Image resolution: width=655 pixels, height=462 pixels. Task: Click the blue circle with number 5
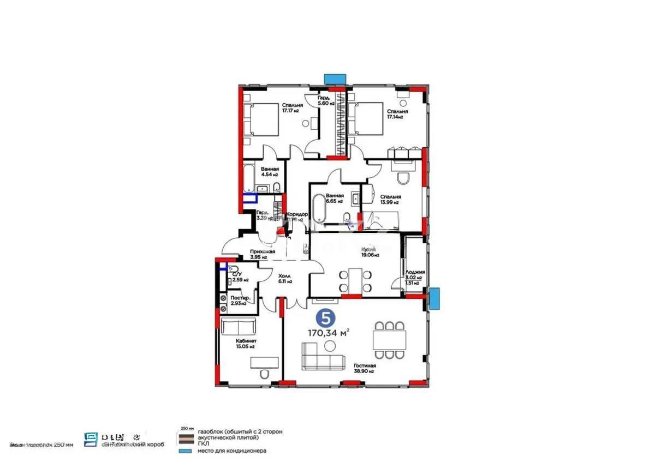coord(326,317)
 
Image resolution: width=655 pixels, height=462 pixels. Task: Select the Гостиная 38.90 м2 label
coord(363,369)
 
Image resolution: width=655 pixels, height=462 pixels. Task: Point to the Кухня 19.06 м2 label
coord(370,251)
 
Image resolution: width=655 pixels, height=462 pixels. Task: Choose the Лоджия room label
coord(415,272)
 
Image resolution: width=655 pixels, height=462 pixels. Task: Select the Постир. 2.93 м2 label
coord(240,301)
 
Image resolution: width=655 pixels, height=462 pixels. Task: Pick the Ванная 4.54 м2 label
coord(269,172)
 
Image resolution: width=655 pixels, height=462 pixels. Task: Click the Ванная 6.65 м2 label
coord(335,198)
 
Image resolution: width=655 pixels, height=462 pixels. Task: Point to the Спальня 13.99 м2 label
coord(391,200)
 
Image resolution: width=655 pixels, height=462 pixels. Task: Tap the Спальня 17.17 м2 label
coord(292,107)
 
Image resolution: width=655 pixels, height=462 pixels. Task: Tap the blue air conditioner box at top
coord(335,79)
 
